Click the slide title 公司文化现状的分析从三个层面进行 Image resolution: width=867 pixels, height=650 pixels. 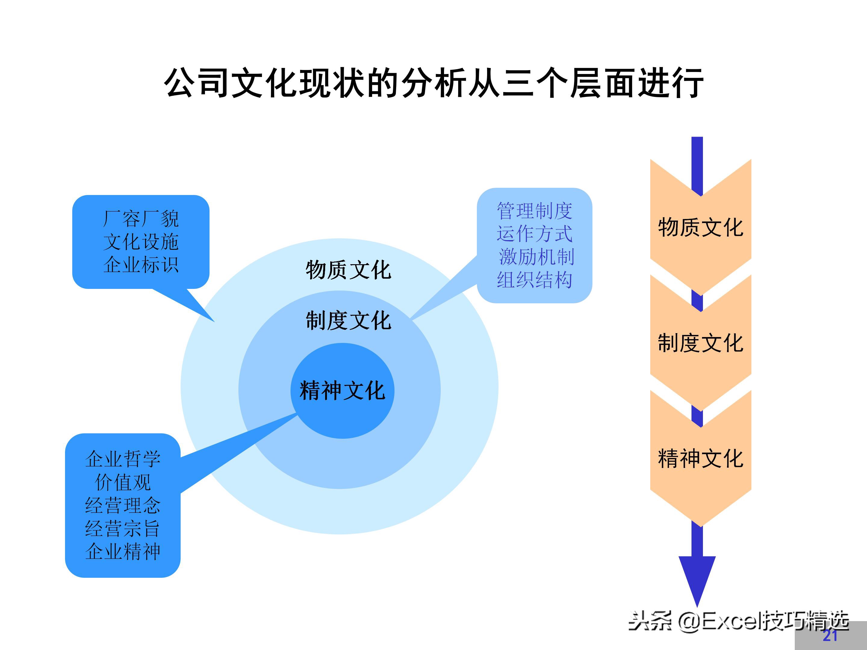(x=433, y=83)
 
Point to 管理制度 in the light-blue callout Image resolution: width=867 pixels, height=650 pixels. (x=535, y=211)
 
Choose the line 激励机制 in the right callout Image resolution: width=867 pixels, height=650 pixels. (x=536, y=257)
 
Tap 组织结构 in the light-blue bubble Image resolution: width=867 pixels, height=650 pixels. (x=535, y=280)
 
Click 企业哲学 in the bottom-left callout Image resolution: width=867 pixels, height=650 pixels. (x=123, y=459)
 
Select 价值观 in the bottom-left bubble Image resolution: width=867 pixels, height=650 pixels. (x=123, y=482)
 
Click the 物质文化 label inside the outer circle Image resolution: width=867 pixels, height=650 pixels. (x=348, y=270)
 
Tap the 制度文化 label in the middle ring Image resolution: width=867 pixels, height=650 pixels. (x=348, y=321)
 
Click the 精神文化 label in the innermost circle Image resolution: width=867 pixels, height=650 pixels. (x=342, y=391)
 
